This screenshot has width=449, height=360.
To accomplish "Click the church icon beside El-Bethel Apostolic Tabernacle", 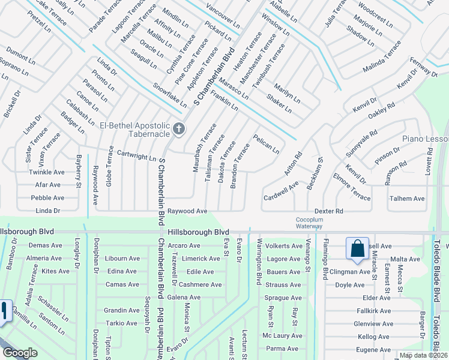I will point(179,129).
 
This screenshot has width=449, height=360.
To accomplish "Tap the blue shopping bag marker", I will point(357,248).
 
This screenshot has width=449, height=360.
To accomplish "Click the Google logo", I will point(20,353).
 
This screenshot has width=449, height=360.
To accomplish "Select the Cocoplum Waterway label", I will point(310,223).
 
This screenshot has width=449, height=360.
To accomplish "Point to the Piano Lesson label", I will point(425,139).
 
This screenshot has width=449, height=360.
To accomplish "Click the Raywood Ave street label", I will point(187,211).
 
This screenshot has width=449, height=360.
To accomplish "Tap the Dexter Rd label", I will point(328,211).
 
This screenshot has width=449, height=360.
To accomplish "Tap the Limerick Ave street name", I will point(201,259).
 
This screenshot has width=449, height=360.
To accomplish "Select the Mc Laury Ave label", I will point(283,336).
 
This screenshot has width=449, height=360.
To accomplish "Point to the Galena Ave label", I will point(183,298).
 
